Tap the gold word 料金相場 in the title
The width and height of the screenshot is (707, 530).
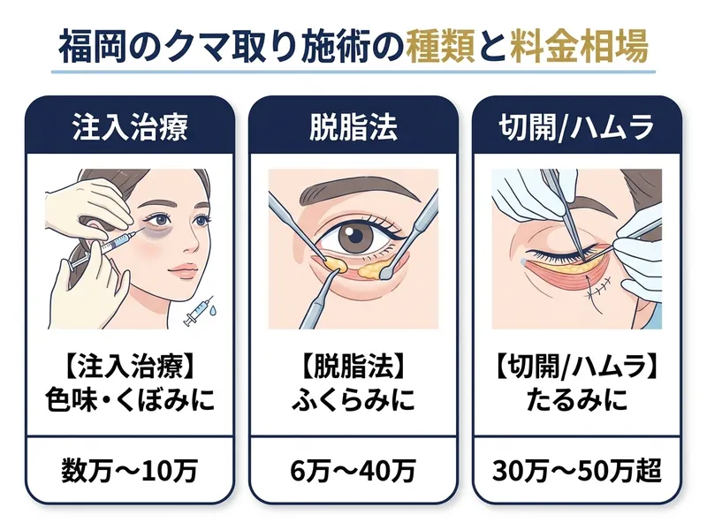(580, 47)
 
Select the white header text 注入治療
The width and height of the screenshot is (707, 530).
(130, 127)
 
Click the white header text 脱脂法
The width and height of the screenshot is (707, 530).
(353, 127)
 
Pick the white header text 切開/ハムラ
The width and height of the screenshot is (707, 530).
(576, 127)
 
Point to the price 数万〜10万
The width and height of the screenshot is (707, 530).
(130, 471)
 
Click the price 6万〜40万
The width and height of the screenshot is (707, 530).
(353, 471)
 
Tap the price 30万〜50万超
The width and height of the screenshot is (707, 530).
(577, 471)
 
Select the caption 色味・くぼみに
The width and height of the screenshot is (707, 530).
(130, 400)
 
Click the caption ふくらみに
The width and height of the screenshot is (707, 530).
(353, 400)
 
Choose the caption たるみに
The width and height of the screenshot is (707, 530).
(577, 400)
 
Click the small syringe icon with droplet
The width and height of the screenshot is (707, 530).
(200, 311)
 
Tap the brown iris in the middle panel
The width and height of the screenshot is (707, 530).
(353, 236)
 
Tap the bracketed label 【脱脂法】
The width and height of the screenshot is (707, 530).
(353, 366)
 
